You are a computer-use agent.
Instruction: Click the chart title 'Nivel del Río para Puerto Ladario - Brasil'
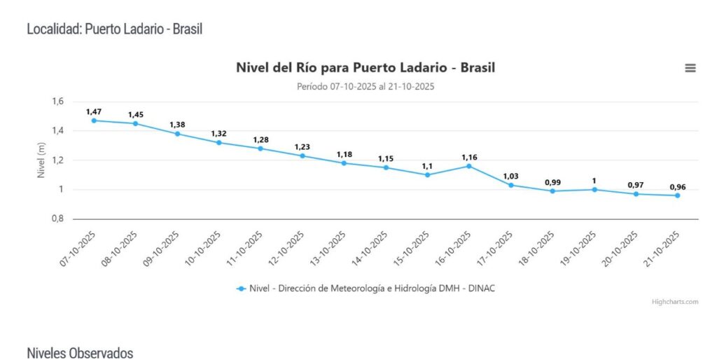(x=366, y=68)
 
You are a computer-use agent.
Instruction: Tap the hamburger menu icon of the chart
(x=690, y=68)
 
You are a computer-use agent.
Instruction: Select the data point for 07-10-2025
(x=94, y=120)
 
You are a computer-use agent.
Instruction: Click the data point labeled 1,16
(x=469, y=166)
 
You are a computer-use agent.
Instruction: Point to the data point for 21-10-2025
(x=677, y=195)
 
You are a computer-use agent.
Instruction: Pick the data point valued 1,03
(x=510, y=185)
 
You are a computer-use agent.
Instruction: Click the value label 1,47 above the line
(x=94, y=111)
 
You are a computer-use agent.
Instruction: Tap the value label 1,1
(x=427, y=166)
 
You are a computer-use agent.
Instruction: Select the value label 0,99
(x=552, y=182)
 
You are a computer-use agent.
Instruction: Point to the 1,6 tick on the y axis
(x=57, y=102)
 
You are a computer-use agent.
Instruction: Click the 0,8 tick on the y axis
(x=57, y=219)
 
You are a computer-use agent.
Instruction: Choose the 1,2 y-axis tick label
(x=57, y=160)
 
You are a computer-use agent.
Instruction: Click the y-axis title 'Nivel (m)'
(x=41, y=160)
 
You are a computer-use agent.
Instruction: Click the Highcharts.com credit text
(x=675, y=302)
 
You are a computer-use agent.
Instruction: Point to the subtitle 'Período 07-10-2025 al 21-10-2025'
(x=366, y=86)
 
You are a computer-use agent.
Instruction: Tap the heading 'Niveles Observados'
(x=80, y=352)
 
